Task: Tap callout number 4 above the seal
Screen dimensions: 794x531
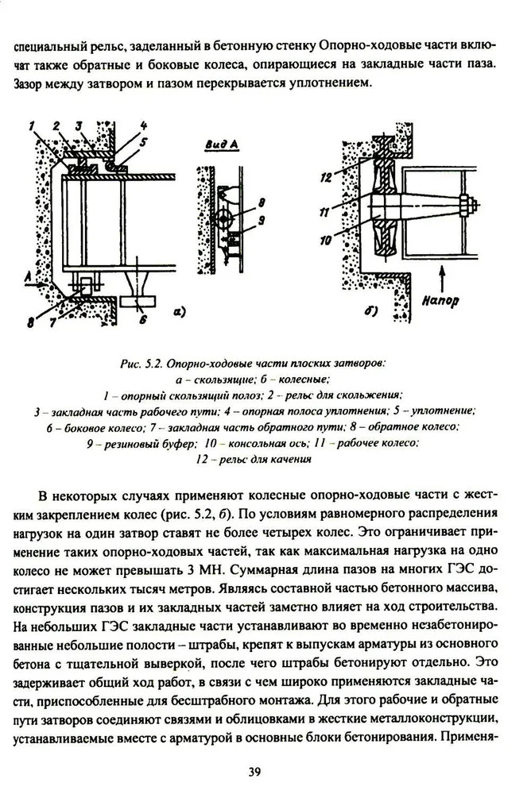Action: tap(144, 125)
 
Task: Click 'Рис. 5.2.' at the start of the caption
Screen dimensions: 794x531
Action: tap(141, 363)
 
